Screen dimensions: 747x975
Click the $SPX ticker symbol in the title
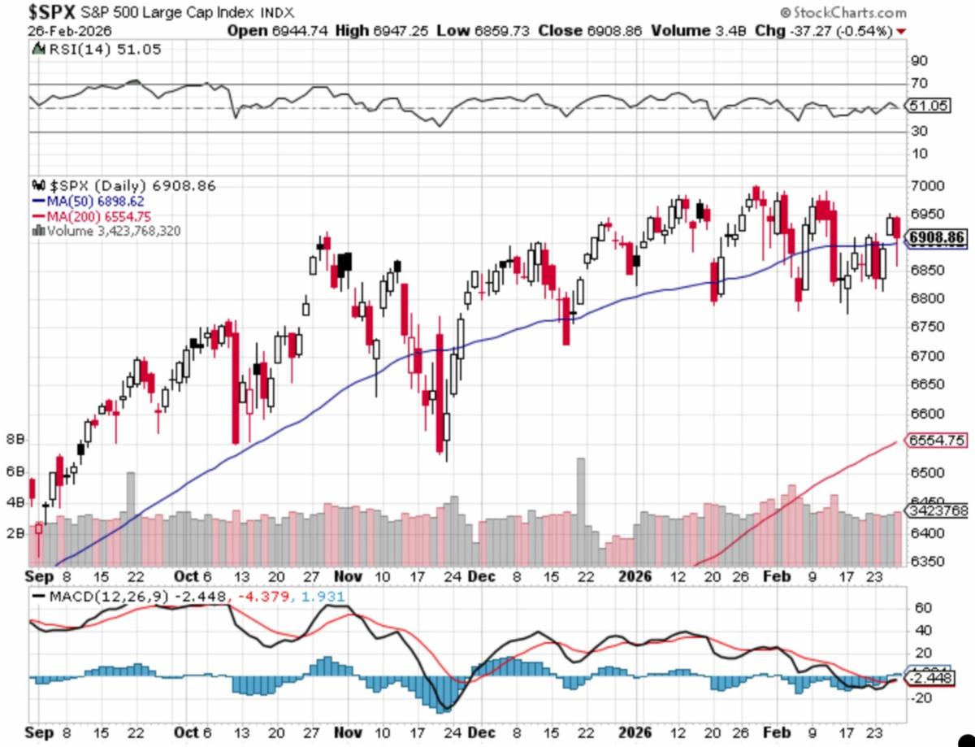(x=53, y=12)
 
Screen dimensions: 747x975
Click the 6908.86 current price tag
(x=937, y=238)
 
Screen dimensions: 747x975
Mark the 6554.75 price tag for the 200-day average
(x=937, y=440)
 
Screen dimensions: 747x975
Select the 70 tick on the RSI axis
(x=918, y=83)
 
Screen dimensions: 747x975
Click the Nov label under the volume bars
(x=348, y=576)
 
